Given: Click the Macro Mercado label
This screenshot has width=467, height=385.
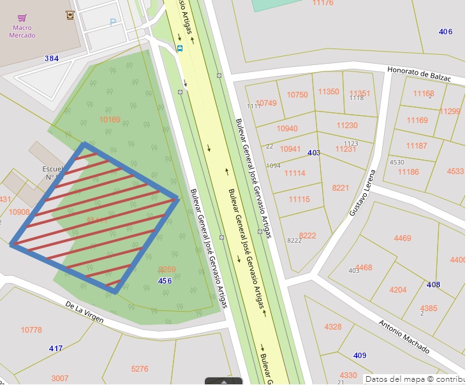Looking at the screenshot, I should click(22, 31).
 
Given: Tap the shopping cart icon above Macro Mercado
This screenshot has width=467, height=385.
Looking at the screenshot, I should click(22, 18).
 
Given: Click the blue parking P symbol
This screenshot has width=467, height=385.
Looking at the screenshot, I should click(113, 22).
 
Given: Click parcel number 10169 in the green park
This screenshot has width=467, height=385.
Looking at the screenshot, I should click(110, 119).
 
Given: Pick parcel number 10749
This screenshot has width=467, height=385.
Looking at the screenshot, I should click(266, 103).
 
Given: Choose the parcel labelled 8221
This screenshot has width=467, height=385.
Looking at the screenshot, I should click(341, 187).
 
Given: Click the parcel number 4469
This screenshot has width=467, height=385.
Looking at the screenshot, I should click(403, 238).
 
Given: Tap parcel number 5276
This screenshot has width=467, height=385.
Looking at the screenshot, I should click(139, 368).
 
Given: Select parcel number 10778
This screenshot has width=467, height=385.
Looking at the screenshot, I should click(31, 330).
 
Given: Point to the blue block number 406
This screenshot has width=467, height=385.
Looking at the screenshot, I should click(445, 32).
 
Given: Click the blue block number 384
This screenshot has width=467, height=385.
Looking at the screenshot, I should click(52, 59).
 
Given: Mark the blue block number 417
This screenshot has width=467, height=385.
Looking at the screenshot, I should click(56, 349).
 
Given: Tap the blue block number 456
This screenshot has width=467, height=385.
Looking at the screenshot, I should click(165, 280).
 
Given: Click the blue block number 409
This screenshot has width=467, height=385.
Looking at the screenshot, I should click(360, 355).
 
